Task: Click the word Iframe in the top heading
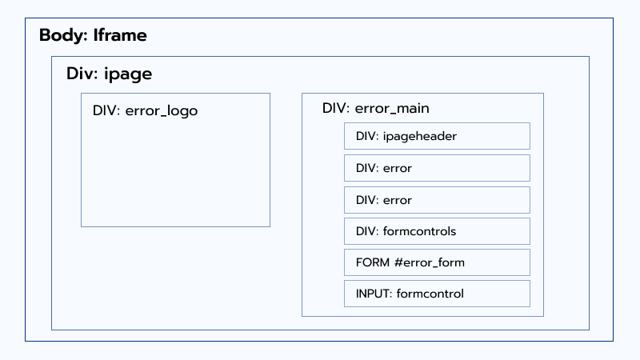(x=120, y=36)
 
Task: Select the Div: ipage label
(x=109, y=74)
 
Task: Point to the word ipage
(x=128, y=74)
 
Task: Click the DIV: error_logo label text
(x=145, y=111)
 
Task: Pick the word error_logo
(x=162, y=111)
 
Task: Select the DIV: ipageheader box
(x=437, y=136)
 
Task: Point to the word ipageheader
(x=420, y=136)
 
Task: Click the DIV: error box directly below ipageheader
(x=437, y=168)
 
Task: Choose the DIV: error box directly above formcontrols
(x=437, y=199)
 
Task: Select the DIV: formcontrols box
(x=437, y=231)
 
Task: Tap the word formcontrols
(x=419, y=231)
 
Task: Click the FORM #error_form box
(x=437, y=262)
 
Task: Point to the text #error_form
(x=429, y=262)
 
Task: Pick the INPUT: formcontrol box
(x=437, y=294)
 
